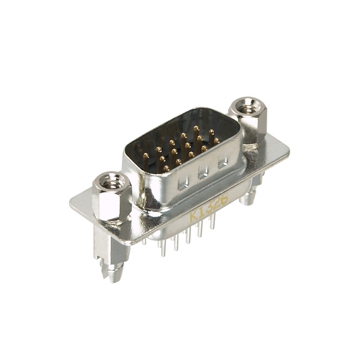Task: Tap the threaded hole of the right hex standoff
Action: coord(247,108)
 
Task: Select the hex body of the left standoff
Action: coord(111,202)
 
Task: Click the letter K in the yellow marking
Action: coord(194,215)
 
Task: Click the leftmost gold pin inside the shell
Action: coord(146,156)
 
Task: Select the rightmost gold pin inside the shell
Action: coord(216,141)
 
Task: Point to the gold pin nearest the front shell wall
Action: coord(166,168)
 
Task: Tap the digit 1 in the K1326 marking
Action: coord(202,211)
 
